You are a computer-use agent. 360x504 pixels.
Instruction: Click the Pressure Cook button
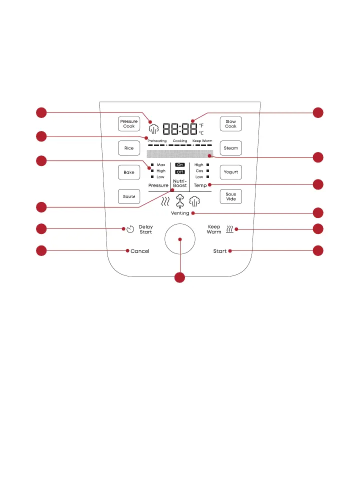128,123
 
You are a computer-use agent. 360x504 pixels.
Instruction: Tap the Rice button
128,148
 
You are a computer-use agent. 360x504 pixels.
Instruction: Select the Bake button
128,172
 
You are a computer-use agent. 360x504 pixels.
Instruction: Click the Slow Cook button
230,123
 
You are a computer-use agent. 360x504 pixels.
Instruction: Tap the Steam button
230,148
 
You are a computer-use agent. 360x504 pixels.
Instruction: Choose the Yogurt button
230,172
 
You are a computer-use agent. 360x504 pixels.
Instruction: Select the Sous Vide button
230,196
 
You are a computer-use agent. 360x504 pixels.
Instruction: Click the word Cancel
140,251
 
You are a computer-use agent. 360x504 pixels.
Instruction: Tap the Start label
220,251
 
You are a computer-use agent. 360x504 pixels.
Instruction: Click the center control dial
180,239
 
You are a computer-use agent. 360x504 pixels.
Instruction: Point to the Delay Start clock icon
130,229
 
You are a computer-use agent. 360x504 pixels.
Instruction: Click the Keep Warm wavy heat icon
229,229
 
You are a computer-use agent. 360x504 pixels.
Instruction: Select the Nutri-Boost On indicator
180,164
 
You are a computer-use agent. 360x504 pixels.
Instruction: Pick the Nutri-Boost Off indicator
180,172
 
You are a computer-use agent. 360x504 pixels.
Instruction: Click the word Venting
180,213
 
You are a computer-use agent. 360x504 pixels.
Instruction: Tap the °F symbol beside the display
201,125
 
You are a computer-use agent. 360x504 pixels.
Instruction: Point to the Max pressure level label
160,164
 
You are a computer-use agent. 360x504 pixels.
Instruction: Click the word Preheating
157,141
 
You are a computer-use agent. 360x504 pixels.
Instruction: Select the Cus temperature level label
199,170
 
